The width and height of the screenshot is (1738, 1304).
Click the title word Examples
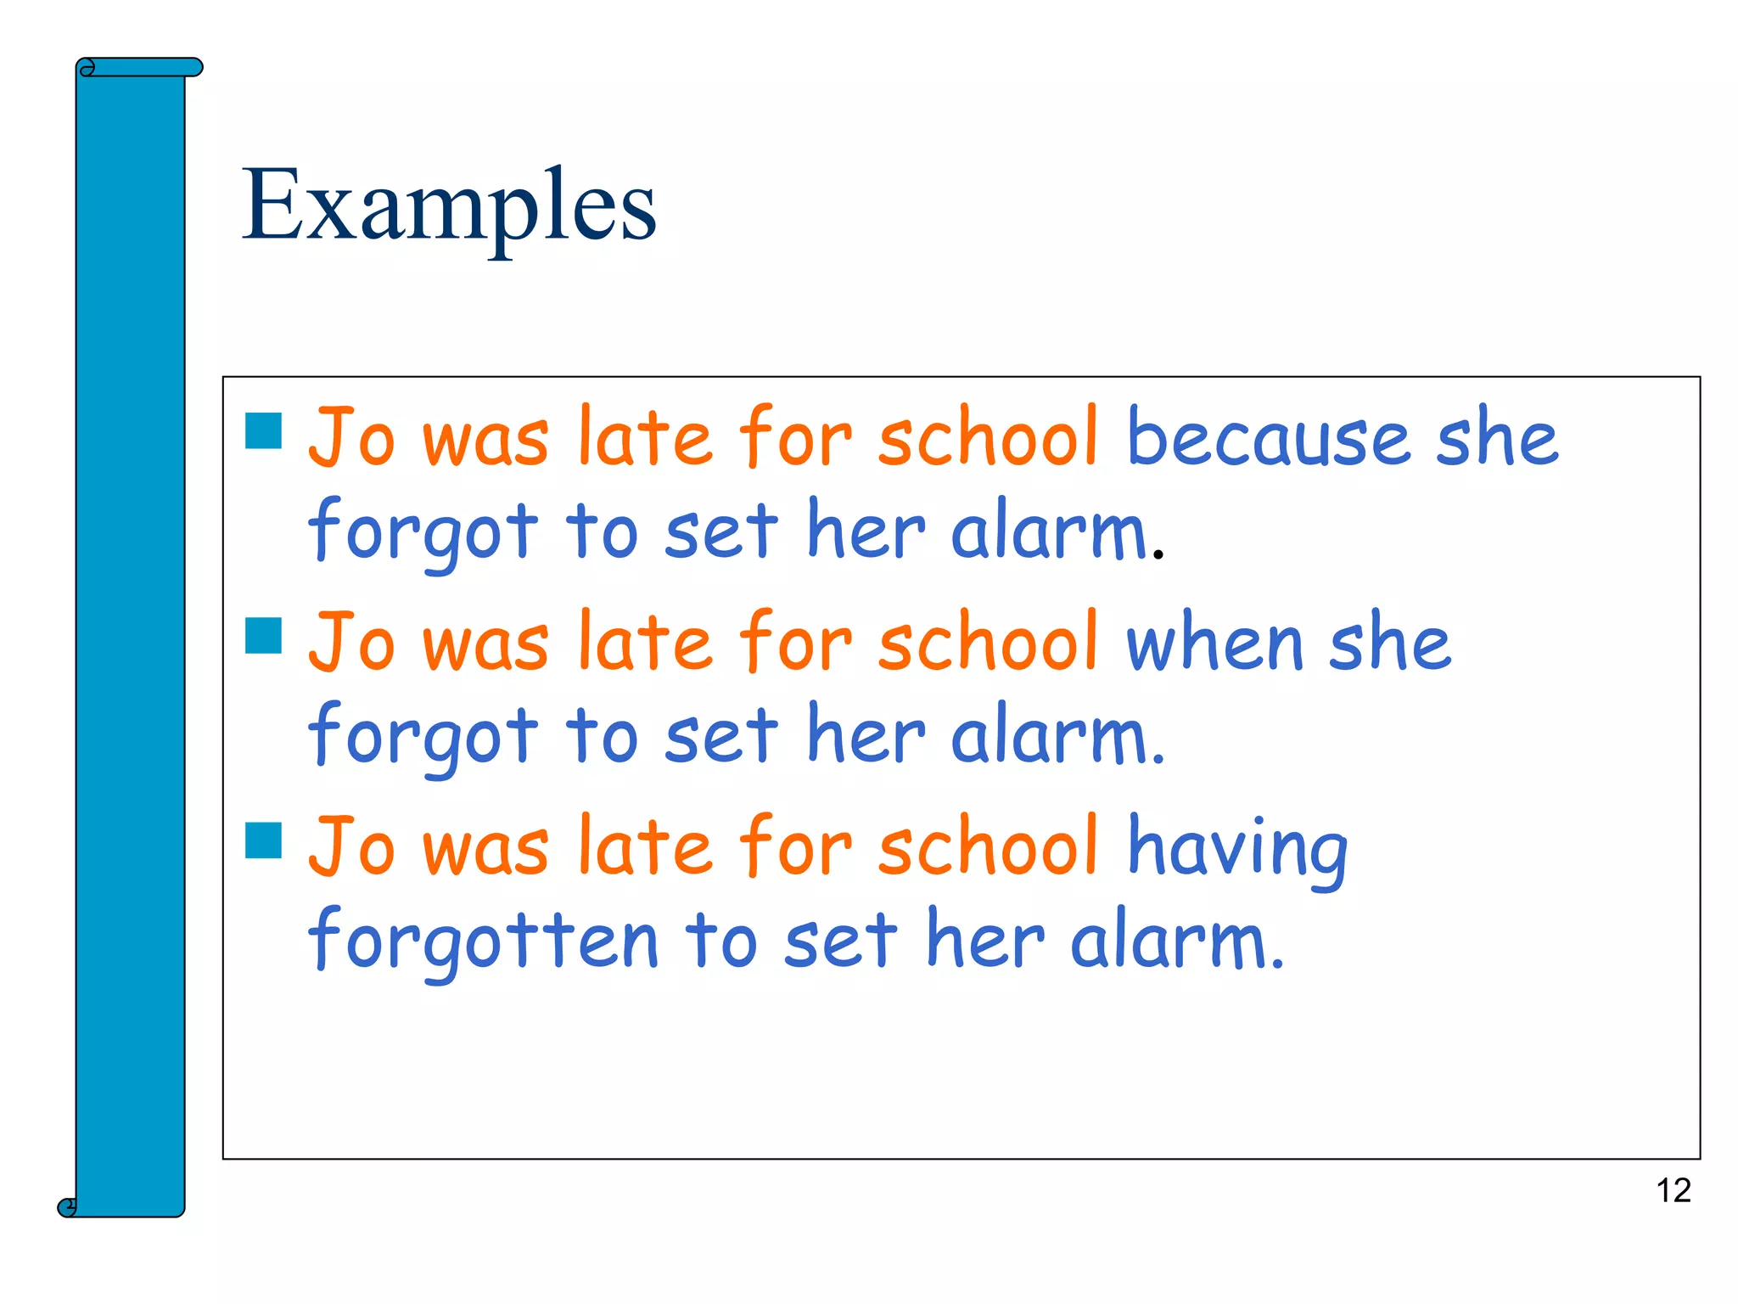(449, 205)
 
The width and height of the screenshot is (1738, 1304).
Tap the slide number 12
(1673, 1190)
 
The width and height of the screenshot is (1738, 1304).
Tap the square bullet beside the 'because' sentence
(263, 430)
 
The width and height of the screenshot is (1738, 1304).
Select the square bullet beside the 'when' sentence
(263, 635)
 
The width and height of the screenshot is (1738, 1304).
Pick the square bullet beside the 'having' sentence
(263, 840)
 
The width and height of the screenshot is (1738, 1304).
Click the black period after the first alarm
(1158, 555)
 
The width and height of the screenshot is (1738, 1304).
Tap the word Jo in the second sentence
(351, 643)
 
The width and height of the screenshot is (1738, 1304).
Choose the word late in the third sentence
(645, 847)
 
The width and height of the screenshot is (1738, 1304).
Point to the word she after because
(1497, 438)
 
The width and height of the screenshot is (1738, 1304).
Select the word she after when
(1389, 643)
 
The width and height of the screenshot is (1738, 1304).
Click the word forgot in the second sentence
(423, 737)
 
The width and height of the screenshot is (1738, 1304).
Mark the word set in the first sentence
(721, 532)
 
